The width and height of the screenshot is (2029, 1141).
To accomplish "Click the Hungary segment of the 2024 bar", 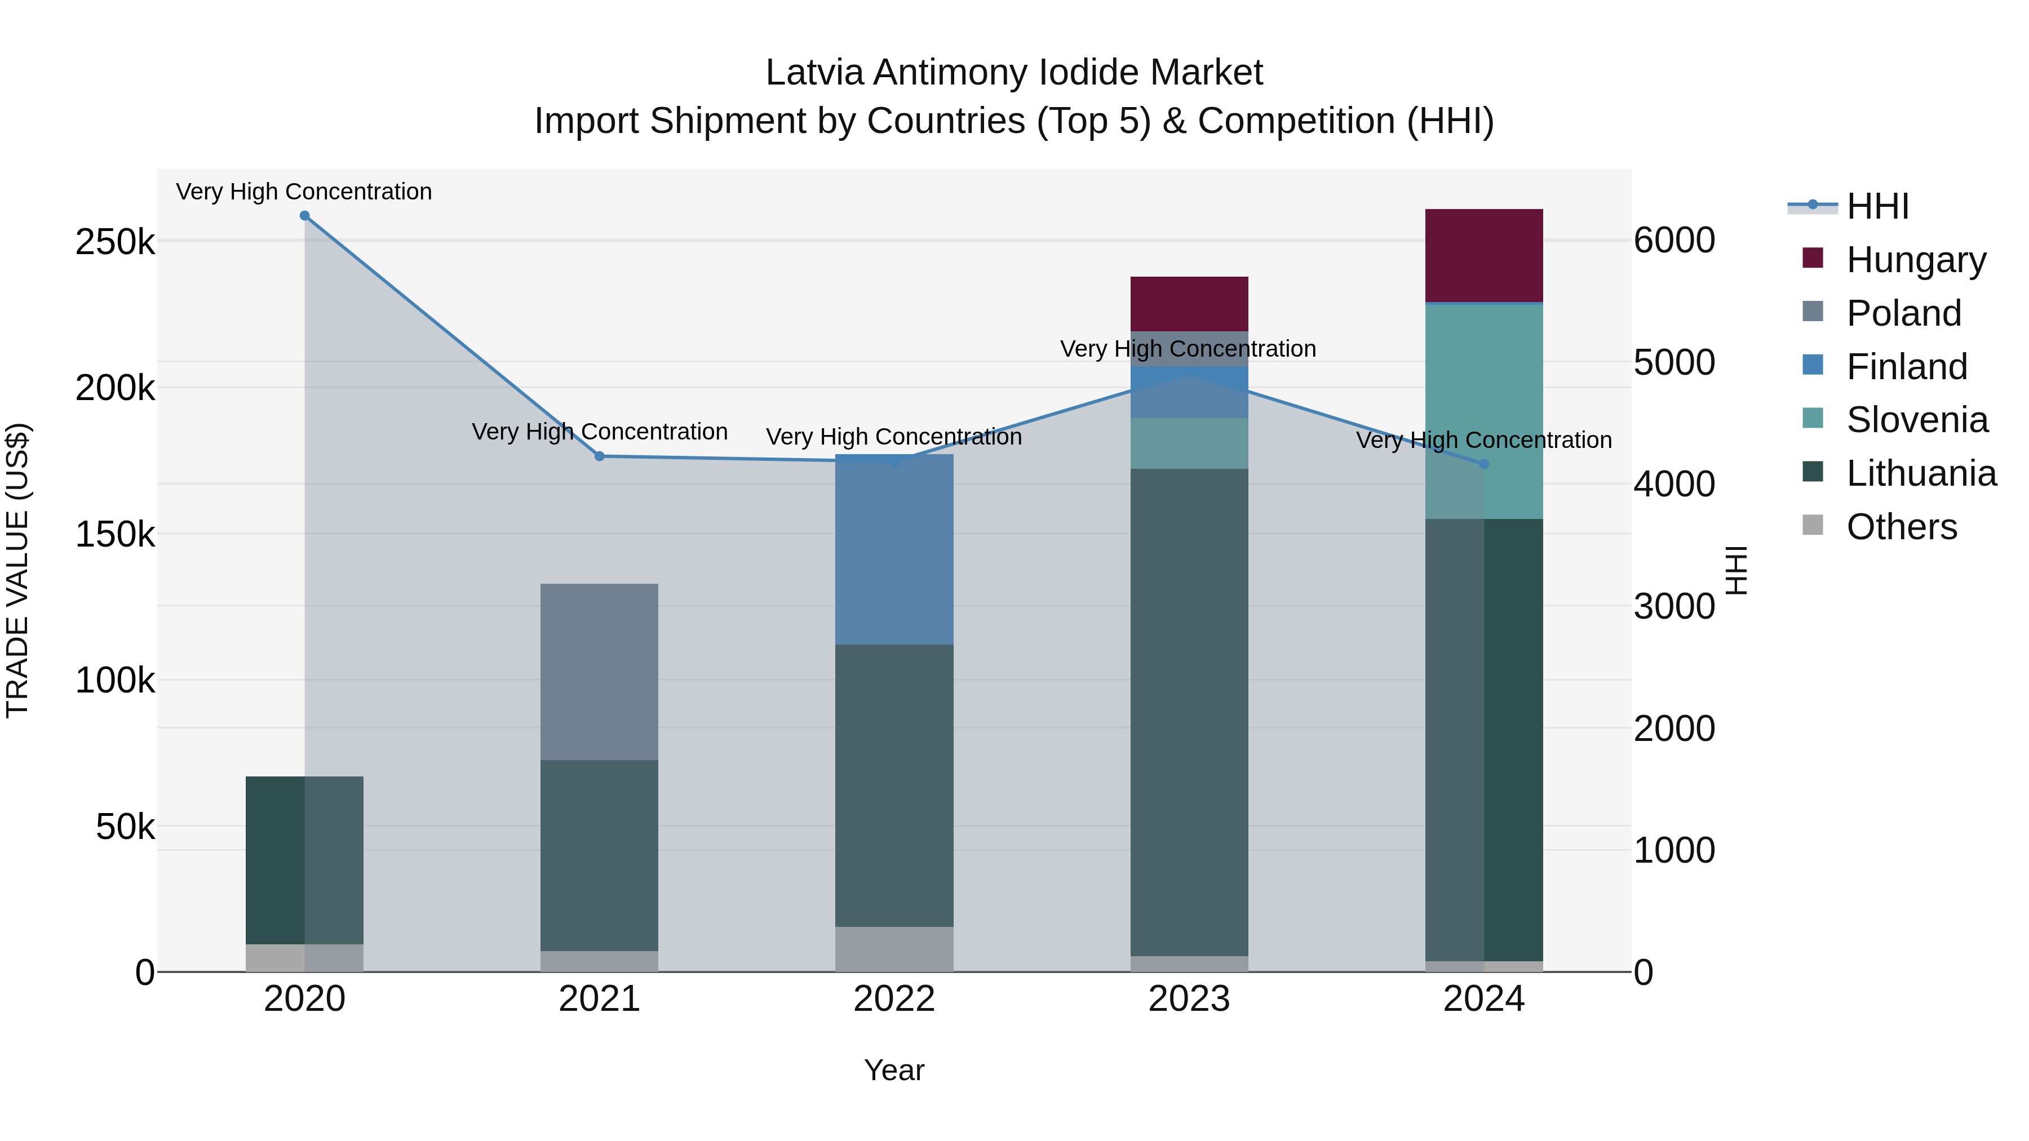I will (1483, 255).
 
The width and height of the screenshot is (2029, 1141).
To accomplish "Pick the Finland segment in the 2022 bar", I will (894, 549).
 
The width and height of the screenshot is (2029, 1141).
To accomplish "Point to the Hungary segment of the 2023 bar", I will (1189, 303).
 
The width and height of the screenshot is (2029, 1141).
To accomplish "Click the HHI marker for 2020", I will (305, 216).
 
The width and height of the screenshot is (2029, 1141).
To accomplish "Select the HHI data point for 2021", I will (600, 456).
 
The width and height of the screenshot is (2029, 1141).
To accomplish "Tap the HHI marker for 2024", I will (1484, 464).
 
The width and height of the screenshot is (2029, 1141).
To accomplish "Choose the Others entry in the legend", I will (1902, 527).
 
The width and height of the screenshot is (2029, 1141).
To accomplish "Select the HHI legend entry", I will (1878, 206).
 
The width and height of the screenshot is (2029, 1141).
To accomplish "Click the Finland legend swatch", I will (1813, 365).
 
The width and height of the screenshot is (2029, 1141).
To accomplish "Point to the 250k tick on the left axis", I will (115, 242).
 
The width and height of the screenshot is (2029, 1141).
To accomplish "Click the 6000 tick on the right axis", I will (1674, 239).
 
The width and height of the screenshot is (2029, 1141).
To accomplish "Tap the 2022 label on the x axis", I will (894, 998).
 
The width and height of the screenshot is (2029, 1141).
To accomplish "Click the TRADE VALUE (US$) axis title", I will (17, 570).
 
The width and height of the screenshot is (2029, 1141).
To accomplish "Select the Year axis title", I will (893, 1070).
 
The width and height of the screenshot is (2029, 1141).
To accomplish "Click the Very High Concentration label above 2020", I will (304, 192).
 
